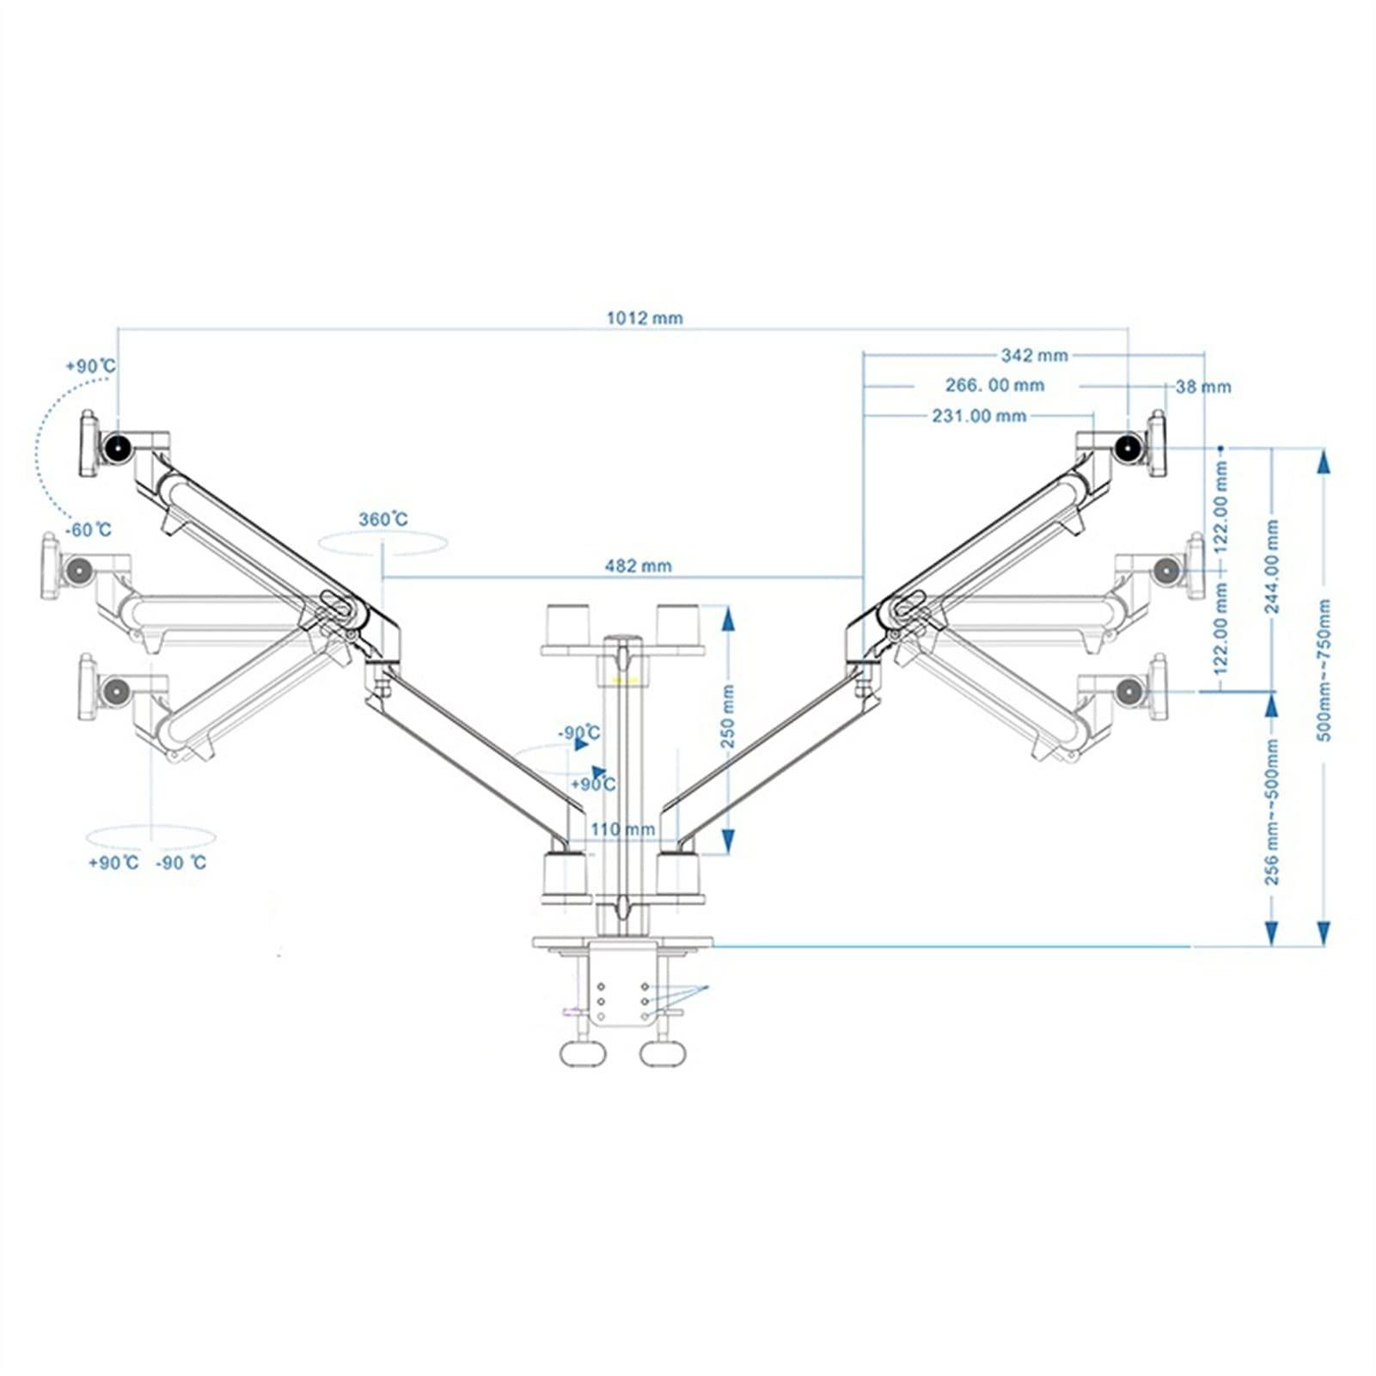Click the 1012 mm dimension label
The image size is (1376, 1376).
pyautogui.click(x=645, y=318)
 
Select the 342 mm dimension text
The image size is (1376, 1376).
pyautogui.click(x=1034, y=355)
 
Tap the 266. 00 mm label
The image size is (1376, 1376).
pyautogui.click(x=994, y=385)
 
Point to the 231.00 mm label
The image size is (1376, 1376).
pyautogui.click(x=979, y=416)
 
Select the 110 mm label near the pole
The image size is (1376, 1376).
pyautogui.click(x=623, y=829)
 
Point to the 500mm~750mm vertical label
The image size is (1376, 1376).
pyautogui.click(x=1324, y=670)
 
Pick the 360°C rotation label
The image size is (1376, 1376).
pyautogui.click(x=383, y=519)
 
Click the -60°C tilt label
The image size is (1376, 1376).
pyautogui.click(x=89, y=529)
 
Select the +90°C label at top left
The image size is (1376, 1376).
pyautogui.click(x=90, y=366)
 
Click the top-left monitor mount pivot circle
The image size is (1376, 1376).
pyautogui.click(x=115, y=446)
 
